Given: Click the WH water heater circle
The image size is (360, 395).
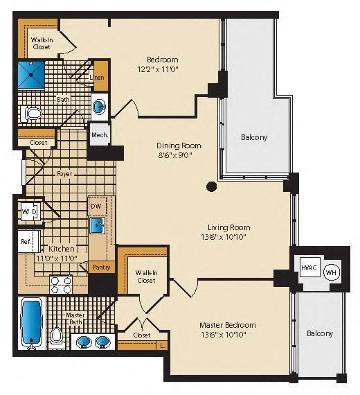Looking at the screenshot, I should [x=331, y=271].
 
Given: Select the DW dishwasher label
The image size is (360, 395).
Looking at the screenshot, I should [x=97, y=207].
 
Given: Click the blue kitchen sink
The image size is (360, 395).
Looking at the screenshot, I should [x=98, y=225].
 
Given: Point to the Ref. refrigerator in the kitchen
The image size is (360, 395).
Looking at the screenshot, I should [x=26, y=242].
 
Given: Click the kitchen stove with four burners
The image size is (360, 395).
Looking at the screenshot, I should [x=60, y=284].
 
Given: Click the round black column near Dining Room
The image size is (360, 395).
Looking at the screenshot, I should [x=211, y=186].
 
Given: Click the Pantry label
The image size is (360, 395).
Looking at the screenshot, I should [x=100, y=267].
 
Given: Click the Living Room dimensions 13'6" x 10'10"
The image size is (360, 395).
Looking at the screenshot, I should [x=228, y=237].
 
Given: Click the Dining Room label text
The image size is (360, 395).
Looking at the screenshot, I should [x=178, y=146].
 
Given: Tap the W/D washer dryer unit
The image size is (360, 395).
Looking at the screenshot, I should [x=29, y=211].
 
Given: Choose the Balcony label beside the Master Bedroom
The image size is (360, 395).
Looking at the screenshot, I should [x=319, y=333].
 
